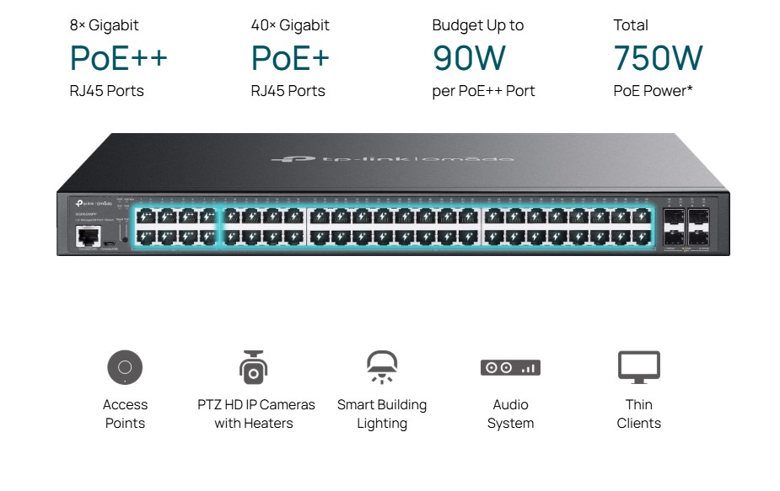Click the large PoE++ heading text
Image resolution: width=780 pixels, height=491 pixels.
point(118,58)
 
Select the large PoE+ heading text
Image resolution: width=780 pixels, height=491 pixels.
point(289,58)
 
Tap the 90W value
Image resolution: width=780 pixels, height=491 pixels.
point(469,58)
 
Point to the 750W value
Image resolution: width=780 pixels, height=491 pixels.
point(658,58)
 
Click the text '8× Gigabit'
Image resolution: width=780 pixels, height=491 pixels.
point(104,25)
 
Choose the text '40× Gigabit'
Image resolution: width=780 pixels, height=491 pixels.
point(290,25)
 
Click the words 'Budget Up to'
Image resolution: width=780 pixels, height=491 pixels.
point(477,25)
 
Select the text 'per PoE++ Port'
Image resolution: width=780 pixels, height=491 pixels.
point(483,91)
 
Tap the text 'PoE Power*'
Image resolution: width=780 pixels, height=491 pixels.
point(653,91)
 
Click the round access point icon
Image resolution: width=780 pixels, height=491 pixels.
point(125,367)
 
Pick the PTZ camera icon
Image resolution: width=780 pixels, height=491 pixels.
point(253,367)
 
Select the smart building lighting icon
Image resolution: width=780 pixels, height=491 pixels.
point(381,367)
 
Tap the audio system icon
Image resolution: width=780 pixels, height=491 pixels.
point(510,367)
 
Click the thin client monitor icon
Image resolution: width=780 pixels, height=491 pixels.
point(638,367)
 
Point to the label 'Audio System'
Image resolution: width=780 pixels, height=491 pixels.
point(510,414)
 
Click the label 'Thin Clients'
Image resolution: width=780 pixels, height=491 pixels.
point(638,414)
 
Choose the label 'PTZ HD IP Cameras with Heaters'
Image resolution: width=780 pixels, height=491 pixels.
point(256,414)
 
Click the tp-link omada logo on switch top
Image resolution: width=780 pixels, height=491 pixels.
point(392,158)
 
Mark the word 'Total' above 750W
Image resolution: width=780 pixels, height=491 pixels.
point(631,25)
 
